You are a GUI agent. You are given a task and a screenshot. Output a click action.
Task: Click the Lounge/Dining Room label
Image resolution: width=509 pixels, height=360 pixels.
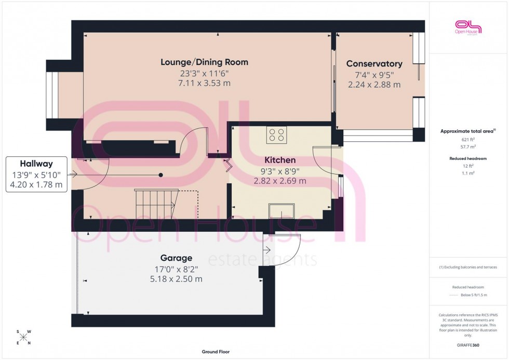click(x=204, y=62)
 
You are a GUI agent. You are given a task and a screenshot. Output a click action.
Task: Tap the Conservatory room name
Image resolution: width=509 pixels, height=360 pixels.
click(x=374, y=64)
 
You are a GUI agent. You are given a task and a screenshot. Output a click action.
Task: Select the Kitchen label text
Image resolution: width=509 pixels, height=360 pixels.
click(x=279, y=161)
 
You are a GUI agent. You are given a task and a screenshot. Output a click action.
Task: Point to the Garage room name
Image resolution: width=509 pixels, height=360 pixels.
click(x=176, y=258)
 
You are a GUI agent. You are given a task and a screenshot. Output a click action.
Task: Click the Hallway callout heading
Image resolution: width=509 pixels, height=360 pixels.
click(x=36, y=164)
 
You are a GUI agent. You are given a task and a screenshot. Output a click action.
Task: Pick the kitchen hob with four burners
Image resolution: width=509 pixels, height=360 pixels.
click(x=277, y=135)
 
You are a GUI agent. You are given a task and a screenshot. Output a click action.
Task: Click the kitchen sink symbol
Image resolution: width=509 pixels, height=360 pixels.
click(x=281, y=211)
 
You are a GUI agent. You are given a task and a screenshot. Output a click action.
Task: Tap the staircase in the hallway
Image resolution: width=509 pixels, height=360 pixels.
click(x=156, y=204)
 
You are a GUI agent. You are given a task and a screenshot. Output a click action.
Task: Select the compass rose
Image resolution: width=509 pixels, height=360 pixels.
click(x=24, y=338)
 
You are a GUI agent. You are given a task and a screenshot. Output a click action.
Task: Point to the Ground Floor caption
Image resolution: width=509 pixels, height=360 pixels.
click(x=216, y=352)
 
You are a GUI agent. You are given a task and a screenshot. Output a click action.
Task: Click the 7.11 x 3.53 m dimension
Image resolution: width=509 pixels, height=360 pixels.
click(x=204, y=83)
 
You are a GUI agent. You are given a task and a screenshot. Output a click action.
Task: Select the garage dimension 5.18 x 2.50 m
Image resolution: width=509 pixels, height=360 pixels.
click(x=176, y=279)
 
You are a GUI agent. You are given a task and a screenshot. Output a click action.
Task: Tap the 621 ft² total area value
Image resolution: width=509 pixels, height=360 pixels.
click(x=468, y=140)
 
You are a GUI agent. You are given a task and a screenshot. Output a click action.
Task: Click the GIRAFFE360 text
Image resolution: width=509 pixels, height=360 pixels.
click(x=468, y=345)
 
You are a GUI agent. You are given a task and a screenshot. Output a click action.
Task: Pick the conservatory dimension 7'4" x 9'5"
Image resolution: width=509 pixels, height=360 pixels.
click(x=374, y=75)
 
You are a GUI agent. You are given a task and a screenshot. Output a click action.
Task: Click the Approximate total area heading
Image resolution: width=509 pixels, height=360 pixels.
click(x=468, y=131)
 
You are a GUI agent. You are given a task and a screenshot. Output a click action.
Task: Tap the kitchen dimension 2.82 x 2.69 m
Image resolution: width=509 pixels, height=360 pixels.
click(x=279, y=181)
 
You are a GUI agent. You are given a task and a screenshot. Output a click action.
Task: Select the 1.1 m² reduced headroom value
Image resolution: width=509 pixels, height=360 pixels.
click(x=468, y=173)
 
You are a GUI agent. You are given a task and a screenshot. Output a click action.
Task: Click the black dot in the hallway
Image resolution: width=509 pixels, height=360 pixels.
click(x=161, y=175)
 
